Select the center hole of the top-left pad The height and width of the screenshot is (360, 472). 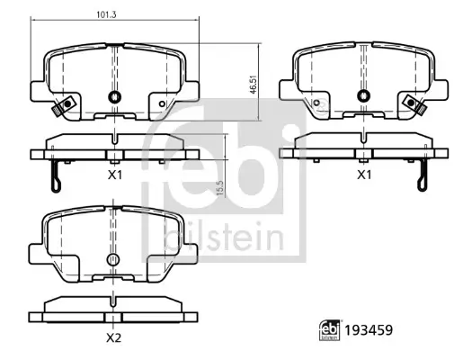click(x=113, y=98)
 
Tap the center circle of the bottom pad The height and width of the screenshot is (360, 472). click(x=113, y=261)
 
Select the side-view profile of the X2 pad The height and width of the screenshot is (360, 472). click(x=113, y=306)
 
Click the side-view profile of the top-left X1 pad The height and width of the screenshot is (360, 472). click(x=114, y=145)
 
